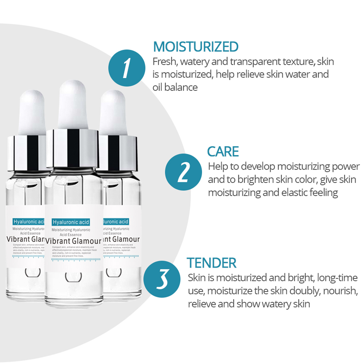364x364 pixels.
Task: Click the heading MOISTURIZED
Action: (x=195, y=47)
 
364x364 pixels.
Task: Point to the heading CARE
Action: (x=223, y=151)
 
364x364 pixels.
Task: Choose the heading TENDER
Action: (x=211, y=262)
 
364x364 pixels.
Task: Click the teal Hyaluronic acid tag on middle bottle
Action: (x=71, y=222)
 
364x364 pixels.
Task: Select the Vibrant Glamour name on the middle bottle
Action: (x=73, y=241)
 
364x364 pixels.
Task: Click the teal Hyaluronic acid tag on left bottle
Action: (x=28, y=221)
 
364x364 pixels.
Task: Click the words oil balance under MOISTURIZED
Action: (x=175, y=87)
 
